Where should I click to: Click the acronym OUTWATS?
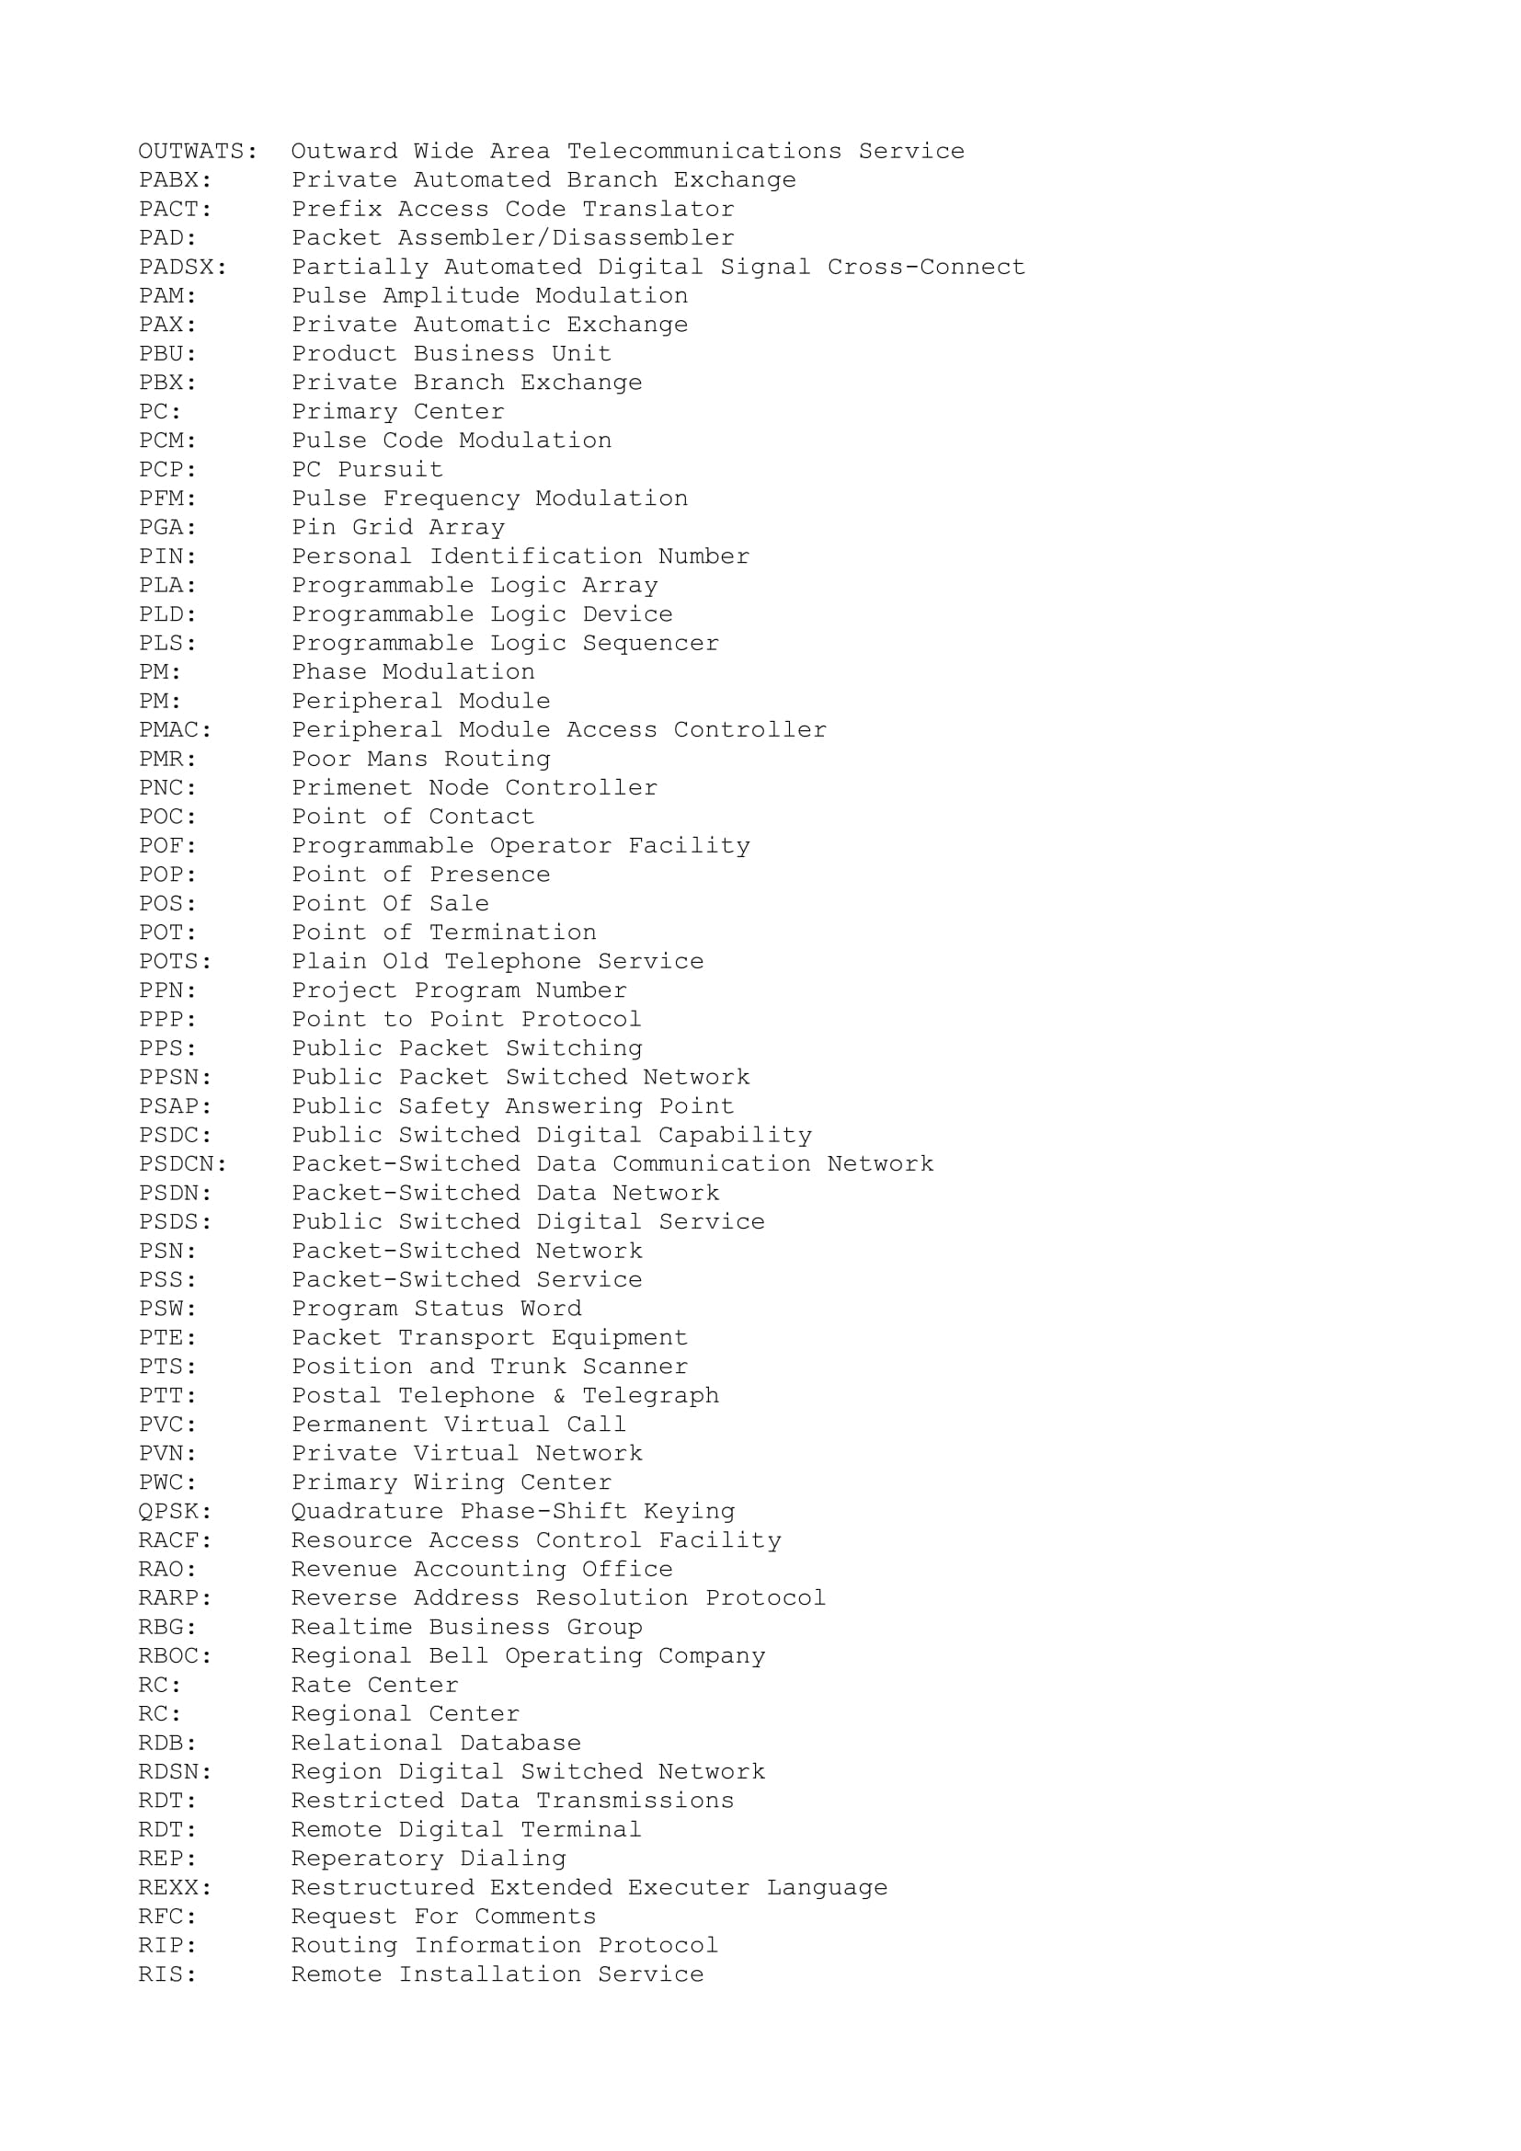click(x=193, y=151)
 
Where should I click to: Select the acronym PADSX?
click(x=178, y=267)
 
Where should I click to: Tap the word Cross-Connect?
click(x=925, y=267)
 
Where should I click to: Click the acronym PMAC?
click(x=170, y=730)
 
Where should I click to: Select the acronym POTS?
click(x=170, y=961)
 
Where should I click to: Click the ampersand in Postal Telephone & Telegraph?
click(x=559, y=1395)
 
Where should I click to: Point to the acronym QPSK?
click(x=170, y=1511)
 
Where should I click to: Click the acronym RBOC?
click(x=170, y=1655)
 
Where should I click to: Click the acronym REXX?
click(x=170, y=1887)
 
